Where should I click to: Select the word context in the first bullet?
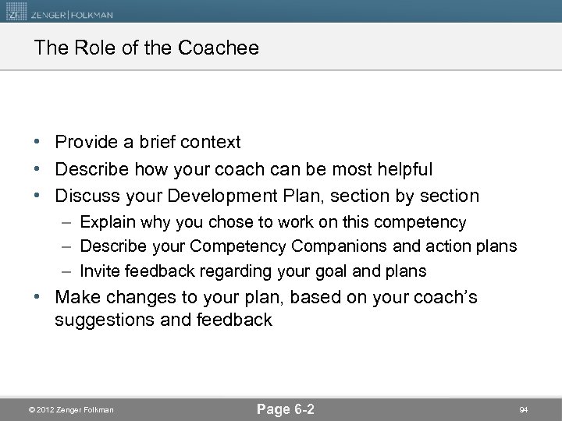pyautogui.click(x=212, y=143)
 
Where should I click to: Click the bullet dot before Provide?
pyautogui.click(x=38, y=143)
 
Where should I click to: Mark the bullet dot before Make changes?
pyautogui.click(x=38, y=299)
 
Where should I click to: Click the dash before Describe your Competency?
pyautogui.click(x=69, y=246)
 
